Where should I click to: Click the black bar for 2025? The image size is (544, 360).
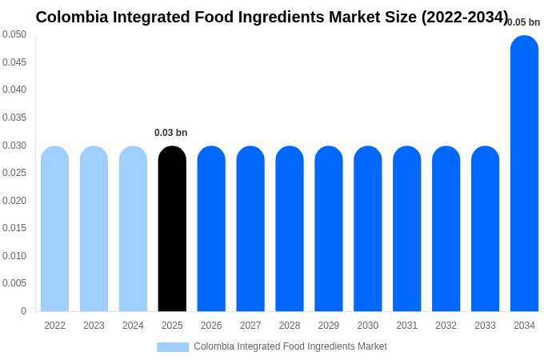(172, 229)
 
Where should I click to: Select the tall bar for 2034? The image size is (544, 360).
(524, 174)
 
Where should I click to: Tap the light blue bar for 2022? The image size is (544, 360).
(54, 229)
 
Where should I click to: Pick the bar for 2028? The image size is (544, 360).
(290, 229)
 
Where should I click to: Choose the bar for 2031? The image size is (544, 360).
(406, 229)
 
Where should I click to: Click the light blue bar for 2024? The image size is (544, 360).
(133, 229)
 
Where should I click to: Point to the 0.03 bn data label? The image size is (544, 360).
(170, 133)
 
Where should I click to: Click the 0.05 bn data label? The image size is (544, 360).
(524, 22)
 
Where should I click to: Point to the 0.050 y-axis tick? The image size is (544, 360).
(14, 34)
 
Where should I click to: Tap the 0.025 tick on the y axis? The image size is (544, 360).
(14, 173)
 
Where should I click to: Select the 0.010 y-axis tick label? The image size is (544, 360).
(14, 256)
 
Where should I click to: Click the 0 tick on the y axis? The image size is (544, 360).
(23, 311)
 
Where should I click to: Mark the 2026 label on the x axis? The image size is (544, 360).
(211, 326)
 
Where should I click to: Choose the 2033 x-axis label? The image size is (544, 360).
(485, 326)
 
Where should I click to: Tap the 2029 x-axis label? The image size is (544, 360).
(329, 326)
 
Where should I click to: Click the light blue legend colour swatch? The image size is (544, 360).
(173, 347)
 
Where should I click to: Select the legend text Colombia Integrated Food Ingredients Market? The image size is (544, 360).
(290, 346)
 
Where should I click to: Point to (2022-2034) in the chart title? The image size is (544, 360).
(465, 17)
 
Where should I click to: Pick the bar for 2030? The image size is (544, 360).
(368, 229)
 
